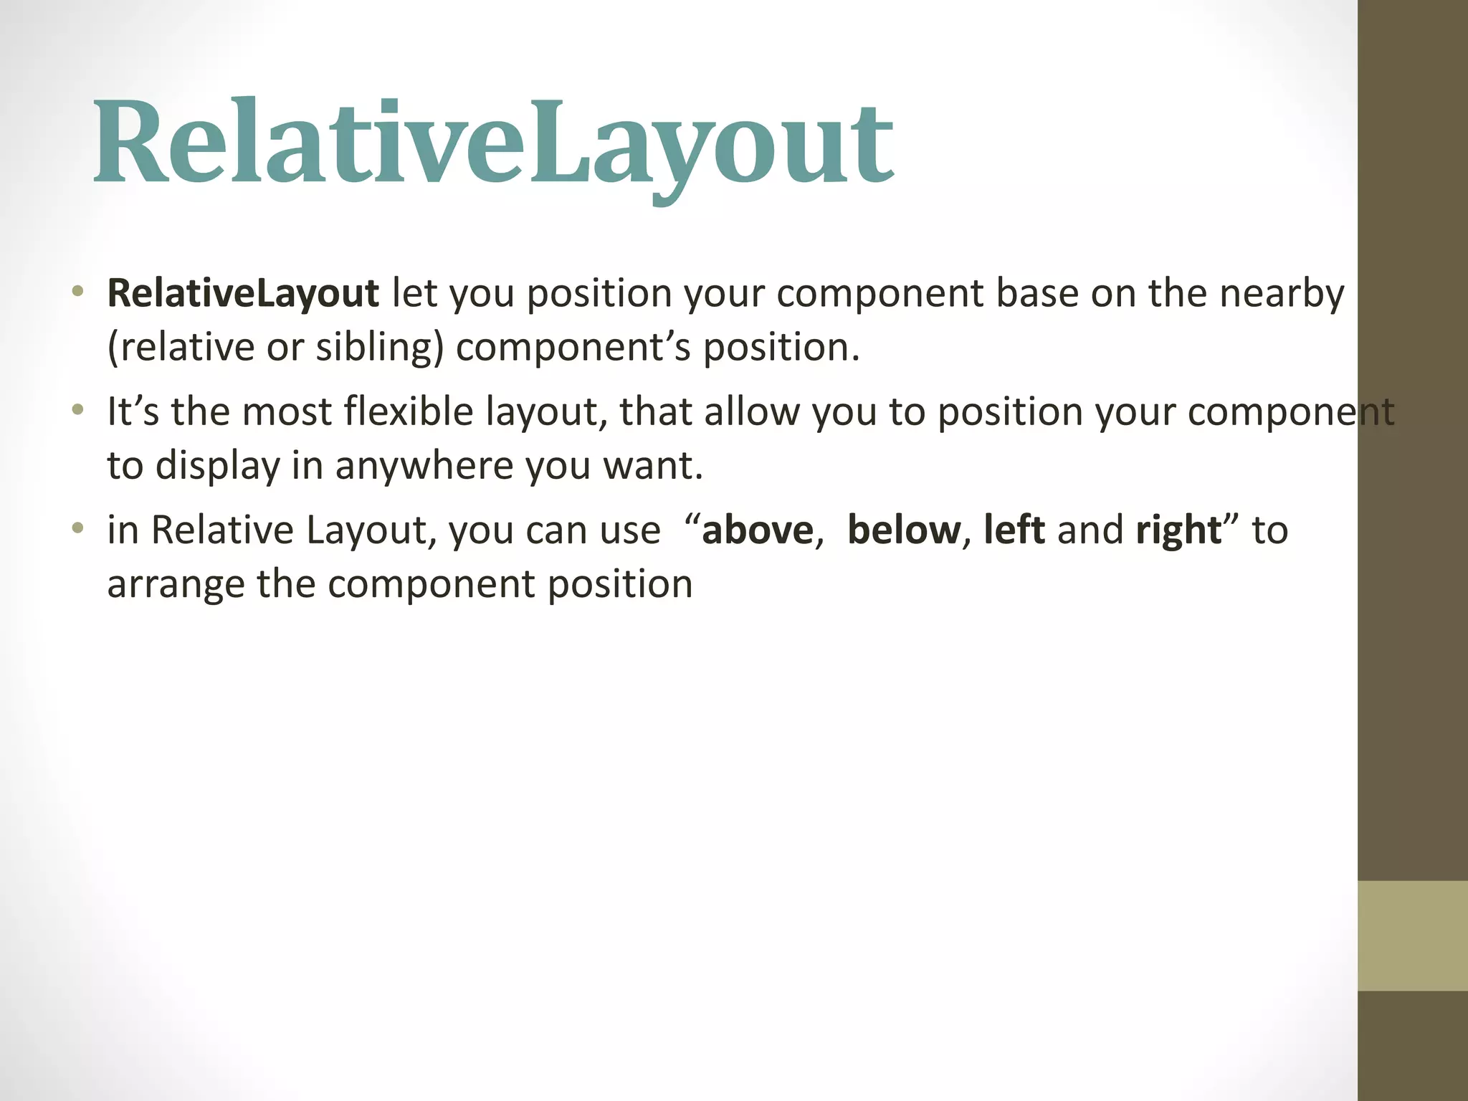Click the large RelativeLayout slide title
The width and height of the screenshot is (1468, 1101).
pyautogui.click(x=493, y=143)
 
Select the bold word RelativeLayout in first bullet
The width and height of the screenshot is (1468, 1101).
pyautogui.click(x=242, y=293)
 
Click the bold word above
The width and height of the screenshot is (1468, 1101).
pyautogui.click(x=758, y=530)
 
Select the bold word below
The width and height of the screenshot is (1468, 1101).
pyautogui.click(x=903, y=530)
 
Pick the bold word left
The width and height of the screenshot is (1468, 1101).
pyautogui.click(x=1014, y=530)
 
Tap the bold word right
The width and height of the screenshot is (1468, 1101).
pyautogui.click(x=1178, y=530)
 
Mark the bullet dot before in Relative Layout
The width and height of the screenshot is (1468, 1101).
pyautogui.click(x=78, y=529)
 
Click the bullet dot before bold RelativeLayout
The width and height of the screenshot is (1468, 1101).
pyautogui.click(x=78, y=292)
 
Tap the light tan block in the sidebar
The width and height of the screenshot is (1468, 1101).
pyautogui.click(x=1412, y=935)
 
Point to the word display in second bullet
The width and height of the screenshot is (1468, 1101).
pyautogui.click(x=217, y=466)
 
